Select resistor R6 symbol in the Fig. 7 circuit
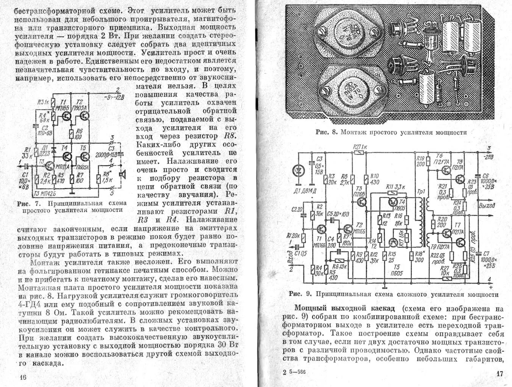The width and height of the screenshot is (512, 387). [x=71, y=133]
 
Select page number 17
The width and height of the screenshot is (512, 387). [x=500, y=374]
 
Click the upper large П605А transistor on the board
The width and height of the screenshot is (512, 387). [x=350, y=33]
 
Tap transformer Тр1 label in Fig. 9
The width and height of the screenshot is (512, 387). [x=421, y=191]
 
